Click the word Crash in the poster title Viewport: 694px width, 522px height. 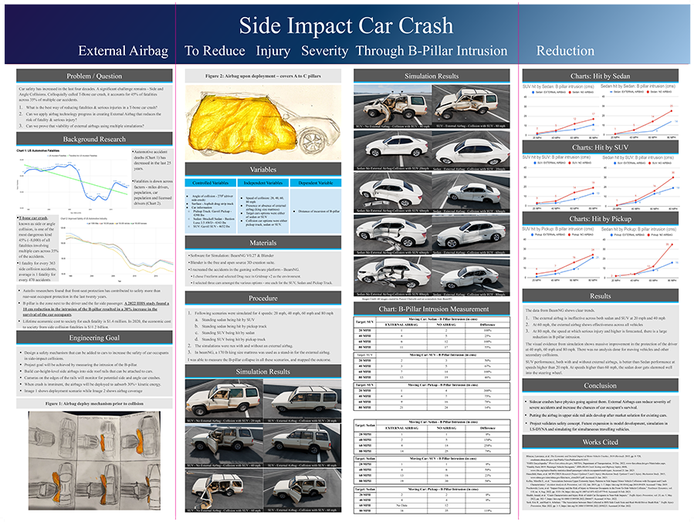418,25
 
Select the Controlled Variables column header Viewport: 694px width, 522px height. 211,183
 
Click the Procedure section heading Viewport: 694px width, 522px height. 263,298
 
